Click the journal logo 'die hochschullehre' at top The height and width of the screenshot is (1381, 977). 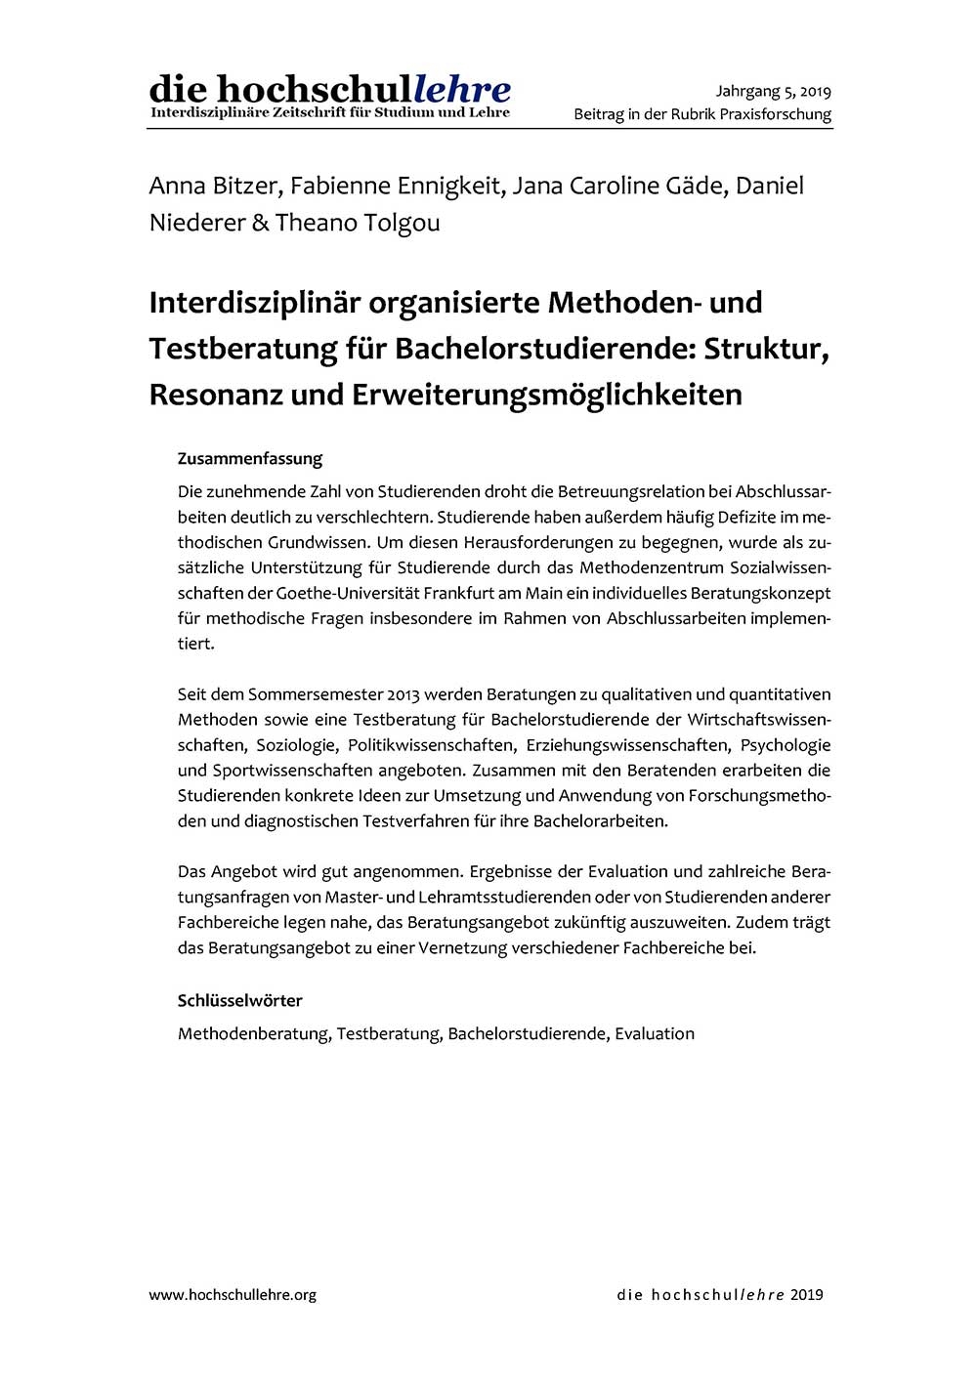click(x=329, y=90)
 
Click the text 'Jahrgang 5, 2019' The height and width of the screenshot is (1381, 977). click(x=773, y=92)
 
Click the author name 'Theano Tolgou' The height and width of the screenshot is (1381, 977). click(x=358, y=223)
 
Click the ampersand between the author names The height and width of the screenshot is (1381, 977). click(x=260, y=223)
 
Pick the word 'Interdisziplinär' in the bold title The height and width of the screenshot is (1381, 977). click(x=255, y=303)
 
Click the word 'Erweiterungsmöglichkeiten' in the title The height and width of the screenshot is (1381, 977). click(x=553, y=395)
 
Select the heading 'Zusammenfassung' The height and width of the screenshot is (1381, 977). click(x=249, y=458)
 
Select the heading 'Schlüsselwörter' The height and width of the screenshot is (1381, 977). click(x=239, y=1000)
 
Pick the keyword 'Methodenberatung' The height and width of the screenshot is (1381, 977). click(x=254, y=1033)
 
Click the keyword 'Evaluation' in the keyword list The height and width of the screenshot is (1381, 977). click(x=655, y=1033)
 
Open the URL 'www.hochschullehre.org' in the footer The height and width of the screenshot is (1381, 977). click(x=233, y=1295)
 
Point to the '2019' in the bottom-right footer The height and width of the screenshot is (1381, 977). click(x=807, y=1295)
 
